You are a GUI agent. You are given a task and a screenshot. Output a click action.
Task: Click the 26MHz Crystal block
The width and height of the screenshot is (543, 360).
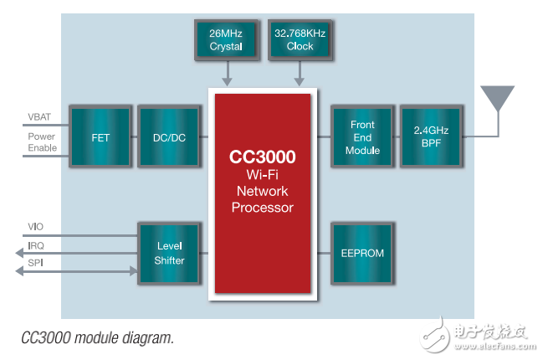click(x=224, y=39)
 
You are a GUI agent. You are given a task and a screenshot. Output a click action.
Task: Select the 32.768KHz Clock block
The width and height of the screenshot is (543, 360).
click(x=299, y=39)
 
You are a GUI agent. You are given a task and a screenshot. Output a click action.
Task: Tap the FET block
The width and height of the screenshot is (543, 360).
click(x=100, y=136)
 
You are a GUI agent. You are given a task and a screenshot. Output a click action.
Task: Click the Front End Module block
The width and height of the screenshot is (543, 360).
click(x=362, y=136)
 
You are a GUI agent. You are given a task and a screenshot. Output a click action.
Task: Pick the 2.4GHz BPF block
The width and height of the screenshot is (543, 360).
click(x=431, y=136)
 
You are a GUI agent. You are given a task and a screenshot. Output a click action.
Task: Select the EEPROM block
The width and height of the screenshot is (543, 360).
click(x=362, y=251)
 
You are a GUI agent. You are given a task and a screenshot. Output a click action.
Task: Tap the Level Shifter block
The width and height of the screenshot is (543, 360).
click(x=170, y=253)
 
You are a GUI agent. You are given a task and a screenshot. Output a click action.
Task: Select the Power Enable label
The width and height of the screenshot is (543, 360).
click(x=42, y=142)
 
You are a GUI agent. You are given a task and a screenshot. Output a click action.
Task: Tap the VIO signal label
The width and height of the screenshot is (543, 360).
click(x=35, y=226)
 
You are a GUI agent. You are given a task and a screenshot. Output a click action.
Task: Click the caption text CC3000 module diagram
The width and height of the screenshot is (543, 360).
click(x=98, y=338)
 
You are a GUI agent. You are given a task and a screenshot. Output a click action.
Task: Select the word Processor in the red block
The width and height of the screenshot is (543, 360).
click(x=263, y=207)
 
